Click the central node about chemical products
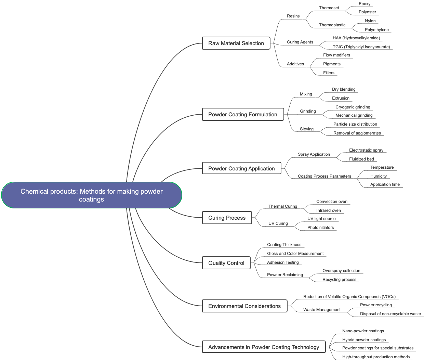[x=92, y=195]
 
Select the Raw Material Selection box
[x=236, y=43]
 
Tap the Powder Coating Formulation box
[x=242, y=114]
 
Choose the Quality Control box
[x=226, y=263]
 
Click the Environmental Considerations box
[x=244, y=306]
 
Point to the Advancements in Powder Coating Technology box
[x=263, y=347]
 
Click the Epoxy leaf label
[x=365, y=4]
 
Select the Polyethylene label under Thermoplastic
[x=376, y=30]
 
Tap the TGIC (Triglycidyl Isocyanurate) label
[x=361, y=47]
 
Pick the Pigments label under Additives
[x=332, y=64]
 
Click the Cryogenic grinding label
[x=353, y=107]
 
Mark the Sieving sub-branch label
[x=306, y=129]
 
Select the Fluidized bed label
[x=361, y=159]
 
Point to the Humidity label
[x=378, y=176]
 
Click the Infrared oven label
[x=328, y=210]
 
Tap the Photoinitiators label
[x=320, y=228]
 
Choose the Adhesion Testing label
[x=283, y=262]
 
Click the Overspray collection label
[x=341, y=271]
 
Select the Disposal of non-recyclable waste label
[x=390, y=314]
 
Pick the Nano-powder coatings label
[x=363, y=331]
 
